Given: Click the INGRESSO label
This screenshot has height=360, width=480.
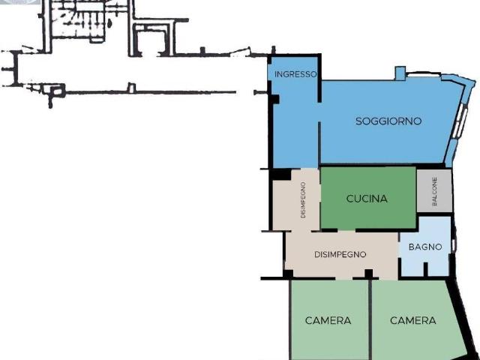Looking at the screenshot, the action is click(295, 74).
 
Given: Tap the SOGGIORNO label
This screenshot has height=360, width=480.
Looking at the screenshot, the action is click(388, 121).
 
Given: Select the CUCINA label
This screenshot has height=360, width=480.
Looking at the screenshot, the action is click(367, 199).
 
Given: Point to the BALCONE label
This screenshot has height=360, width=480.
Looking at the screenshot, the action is click(434, 191).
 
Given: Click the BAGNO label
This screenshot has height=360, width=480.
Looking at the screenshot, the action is click(425, 247).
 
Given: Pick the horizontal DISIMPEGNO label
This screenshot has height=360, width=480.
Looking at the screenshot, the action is click(340, 254).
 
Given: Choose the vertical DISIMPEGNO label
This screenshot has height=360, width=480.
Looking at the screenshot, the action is click(303, 200).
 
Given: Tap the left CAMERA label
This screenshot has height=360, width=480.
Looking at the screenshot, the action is click(328, 320).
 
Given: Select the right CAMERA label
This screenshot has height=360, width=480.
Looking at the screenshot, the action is click(413, 320).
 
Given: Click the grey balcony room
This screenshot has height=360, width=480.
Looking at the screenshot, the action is click(434, 190).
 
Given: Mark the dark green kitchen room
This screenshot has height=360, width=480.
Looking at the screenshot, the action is click(368, 197).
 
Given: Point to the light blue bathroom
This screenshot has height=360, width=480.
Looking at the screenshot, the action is click(425, 246).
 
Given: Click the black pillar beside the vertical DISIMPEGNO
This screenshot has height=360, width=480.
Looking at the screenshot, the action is click(281, 174).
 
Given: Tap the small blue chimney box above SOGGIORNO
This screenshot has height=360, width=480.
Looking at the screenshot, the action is click(400, 73).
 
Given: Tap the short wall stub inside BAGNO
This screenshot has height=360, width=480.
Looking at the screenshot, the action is click(425, 268).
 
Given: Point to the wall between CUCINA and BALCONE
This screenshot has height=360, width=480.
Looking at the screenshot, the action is click(416, 190).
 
